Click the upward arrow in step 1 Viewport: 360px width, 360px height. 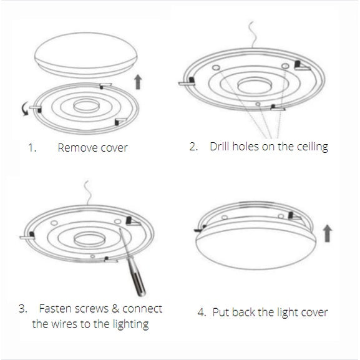pyautogui.click(x=139, y=80)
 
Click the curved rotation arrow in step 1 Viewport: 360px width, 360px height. pyautogui.click(x=24, y=110)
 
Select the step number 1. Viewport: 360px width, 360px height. pyautogui.click(x=32, y=148)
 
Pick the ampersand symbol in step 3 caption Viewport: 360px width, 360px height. pyautogui.click(x=115, y=309)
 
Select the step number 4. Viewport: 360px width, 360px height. pyautogui.click(x=202, y=312)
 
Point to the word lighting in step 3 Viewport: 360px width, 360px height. pyautogui.click(x=129, y=324)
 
